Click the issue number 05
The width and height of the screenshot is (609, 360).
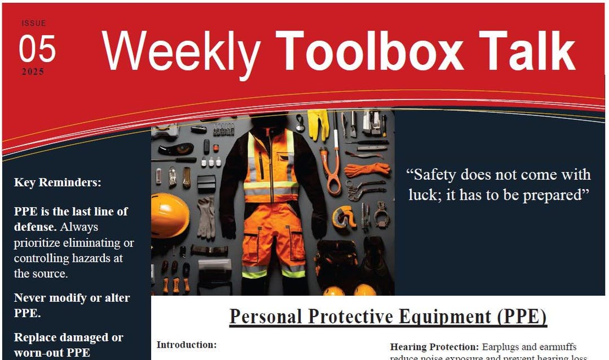point(37,49)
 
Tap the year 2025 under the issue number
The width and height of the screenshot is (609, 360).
point(33,72)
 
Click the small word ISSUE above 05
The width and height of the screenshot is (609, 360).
point(34,23)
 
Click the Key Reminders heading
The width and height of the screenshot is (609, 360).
point(58,183)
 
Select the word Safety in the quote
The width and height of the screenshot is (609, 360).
point(442,174)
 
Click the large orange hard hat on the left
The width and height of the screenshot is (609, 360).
point(169,215)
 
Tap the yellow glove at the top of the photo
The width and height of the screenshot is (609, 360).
point(317,124)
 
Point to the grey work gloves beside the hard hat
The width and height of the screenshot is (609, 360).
point(206,217)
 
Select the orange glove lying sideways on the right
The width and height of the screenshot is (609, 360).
point(367,169)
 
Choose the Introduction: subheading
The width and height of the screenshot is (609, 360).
point(187,345)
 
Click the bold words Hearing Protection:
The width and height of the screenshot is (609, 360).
point(434,347)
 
